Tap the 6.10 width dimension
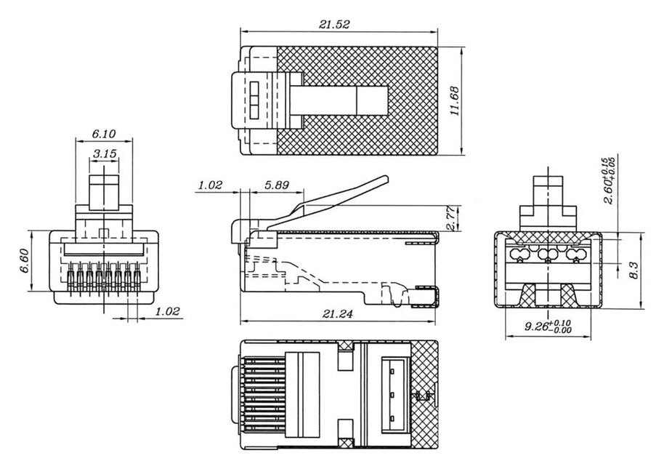click(103, 135)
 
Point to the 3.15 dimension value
click(106, 153)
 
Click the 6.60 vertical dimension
click(25, 261)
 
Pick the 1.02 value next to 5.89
click(210, 185)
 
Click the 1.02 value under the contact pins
click(168, 312)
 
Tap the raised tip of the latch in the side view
click(384, 180)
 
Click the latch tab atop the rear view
click(548, 193)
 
